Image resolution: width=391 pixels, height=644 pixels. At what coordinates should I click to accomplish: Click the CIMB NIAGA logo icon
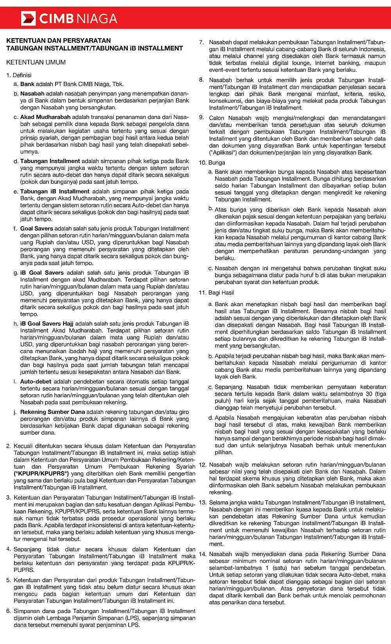(29, 18)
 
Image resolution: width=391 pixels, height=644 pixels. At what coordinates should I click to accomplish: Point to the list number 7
(201, 42)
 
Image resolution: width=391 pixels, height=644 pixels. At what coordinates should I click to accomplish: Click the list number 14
(202, 554)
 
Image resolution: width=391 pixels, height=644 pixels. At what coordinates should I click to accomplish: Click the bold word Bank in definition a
(27, 84)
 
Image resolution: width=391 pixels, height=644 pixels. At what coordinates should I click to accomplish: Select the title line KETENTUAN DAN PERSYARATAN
(59, 40)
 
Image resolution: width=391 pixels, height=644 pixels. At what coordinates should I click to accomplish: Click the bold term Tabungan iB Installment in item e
(55, 192)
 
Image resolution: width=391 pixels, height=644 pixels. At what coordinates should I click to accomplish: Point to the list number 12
(202, 465)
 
